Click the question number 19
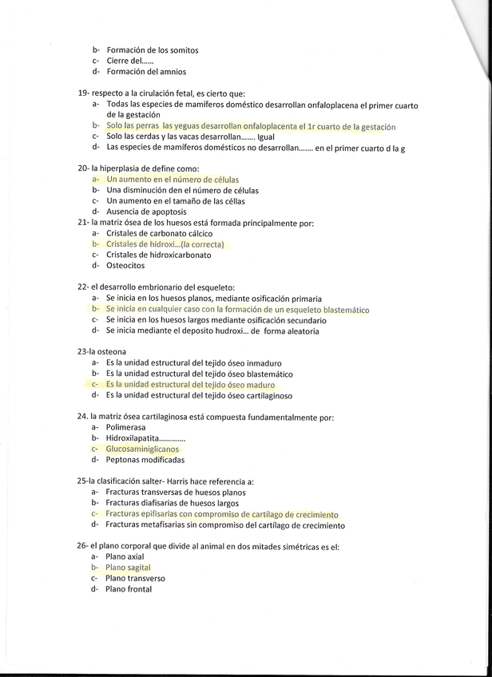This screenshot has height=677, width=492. [x=83, y=93]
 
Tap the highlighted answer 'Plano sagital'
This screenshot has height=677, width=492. [x=129, y=568]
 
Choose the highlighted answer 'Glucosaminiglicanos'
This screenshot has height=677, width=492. [x=143, y=449]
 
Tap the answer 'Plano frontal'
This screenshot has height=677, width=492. [x=129, y=589]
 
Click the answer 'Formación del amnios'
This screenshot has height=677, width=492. [x=146, y=72]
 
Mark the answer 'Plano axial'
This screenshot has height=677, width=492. [x=125, y=557]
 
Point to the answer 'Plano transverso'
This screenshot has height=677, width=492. [x=135, y=578]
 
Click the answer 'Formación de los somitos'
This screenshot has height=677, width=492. [x=152, y=50]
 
